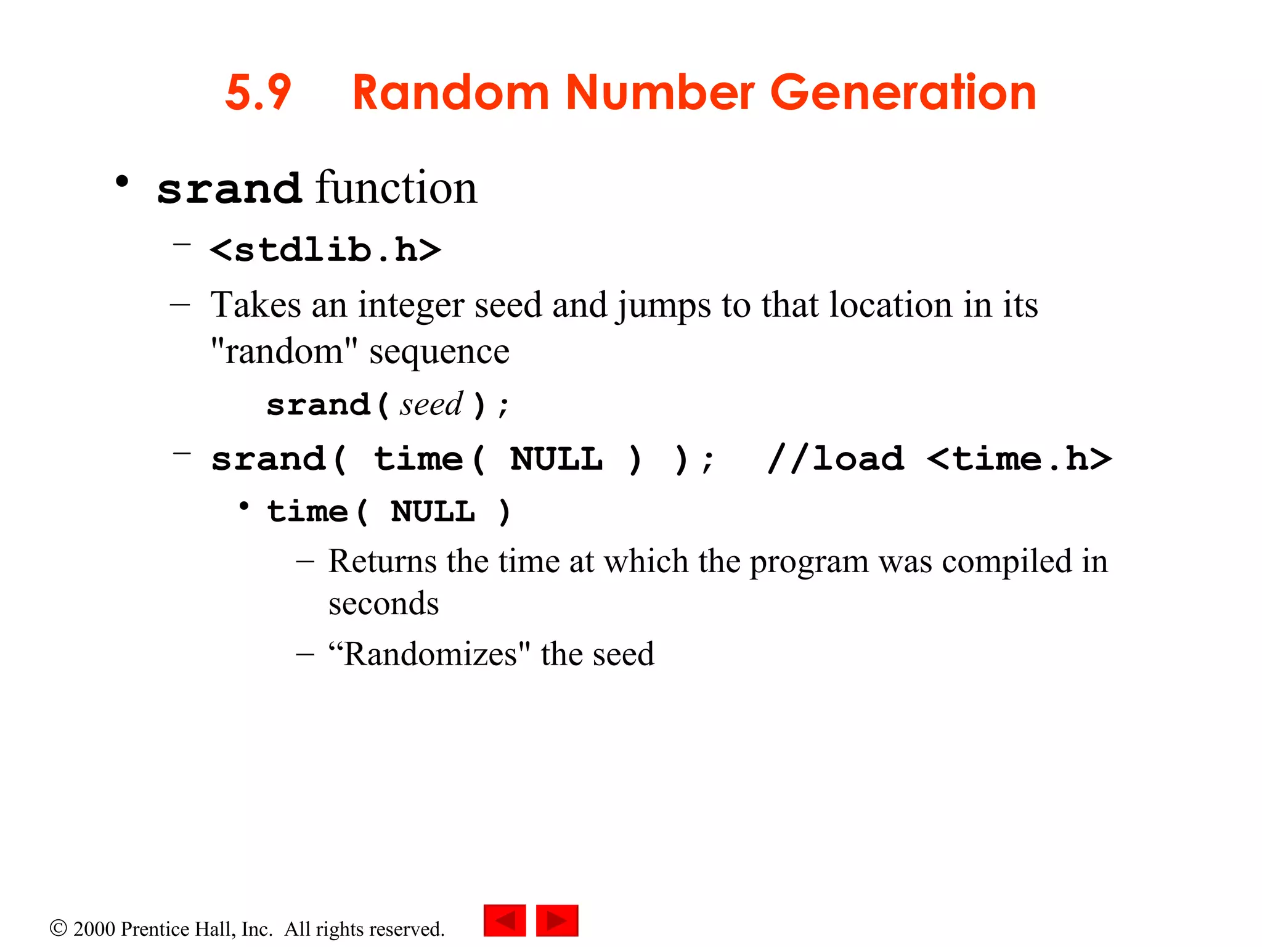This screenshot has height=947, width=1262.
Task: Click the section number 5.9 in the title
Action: pos(258,93)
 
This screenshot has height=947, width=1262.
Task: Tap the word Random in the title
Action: pos(450,93)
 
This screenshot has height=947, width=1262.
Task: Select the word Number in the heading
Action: pos(659,93)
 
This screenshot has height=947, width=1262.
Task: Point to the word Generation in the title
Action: pos(903,93)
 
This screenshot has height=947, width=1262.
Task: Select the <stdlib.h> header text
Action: pos(325,250)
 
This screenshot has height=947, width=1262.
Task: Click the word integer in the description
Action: pos(411,305)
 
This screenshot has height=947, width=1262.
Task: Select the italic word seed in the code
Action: pos(431,405)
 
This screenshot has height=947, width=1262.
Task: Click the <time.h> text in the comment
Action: pos(1019,459)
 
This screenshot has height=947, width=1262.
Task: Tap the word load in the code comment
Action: pos(858,459)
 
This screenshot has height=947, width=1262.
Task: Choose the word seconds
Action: pos(383,604)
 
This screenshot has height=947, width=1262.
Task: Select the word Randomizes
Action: pos(429,654)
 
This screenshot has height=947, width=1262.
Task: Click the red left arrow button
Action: pos(505,920)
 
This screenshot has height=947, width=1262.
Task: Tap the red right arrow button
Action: pos(557,920)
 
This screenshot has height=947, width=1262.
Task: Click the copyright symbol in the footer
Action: pos(58,928)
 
